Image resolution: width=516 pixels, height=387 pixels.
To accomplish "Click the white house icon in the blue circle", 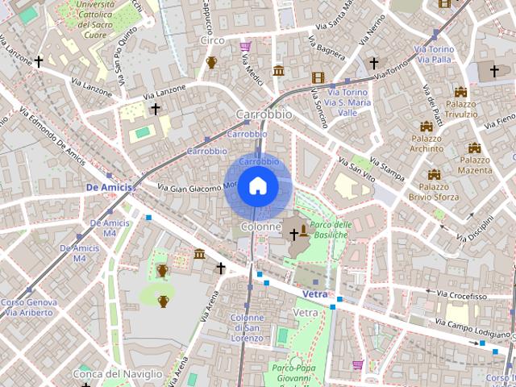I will click(x=257, y=185).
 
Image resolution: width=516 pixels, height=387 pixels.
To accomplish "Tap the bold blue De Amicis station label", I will click(x=107, y=186).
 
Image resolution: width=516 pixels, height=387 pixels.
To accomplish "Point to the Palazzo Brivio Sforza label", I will click(x=434, y=190).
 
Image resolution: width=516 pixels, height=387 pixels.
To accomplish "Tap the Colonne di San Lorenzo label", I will click(x=248, y=327).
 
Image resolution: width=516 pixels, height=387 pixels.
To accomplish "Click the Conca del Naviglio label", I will click(x=118, y=374).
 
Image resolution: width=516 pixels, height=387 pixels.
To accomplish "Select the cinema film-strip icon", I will click(x=318, y=78).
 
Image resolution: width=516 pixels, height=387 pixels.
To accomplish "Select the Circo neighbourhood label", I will click(x=212, y=40).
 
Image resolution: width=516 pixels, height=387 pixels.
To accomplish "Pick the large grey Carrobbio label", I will click(x=264, y=114).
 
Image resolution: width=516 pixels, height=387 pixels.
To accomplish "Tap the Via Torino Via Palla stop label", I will click(x=434, y=54).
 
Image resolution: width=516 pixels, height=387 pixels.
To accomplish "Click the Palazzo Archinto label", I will click(x=427, y=143).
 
